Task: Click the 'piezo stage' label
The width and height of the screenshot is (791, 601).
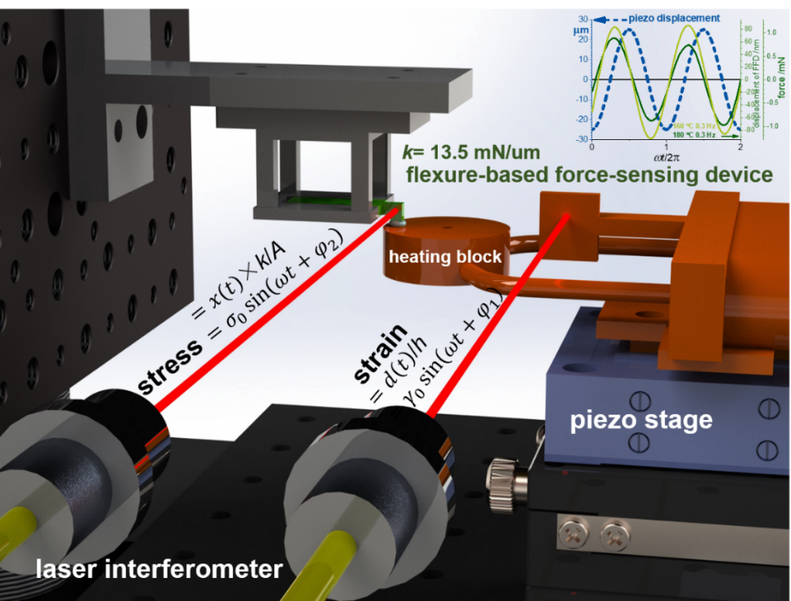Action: (640, 421)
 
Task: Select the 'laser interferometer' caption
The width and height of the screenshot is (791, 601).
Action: (160, 568)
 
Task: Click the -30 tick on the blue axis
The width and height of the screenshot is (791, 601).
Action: (580, 139)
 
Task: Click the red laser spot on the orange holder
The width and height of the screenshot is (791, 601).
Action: (566, 215)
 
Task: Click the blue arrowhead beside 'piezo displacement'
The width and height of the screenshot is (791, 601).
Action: (616, 17)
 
